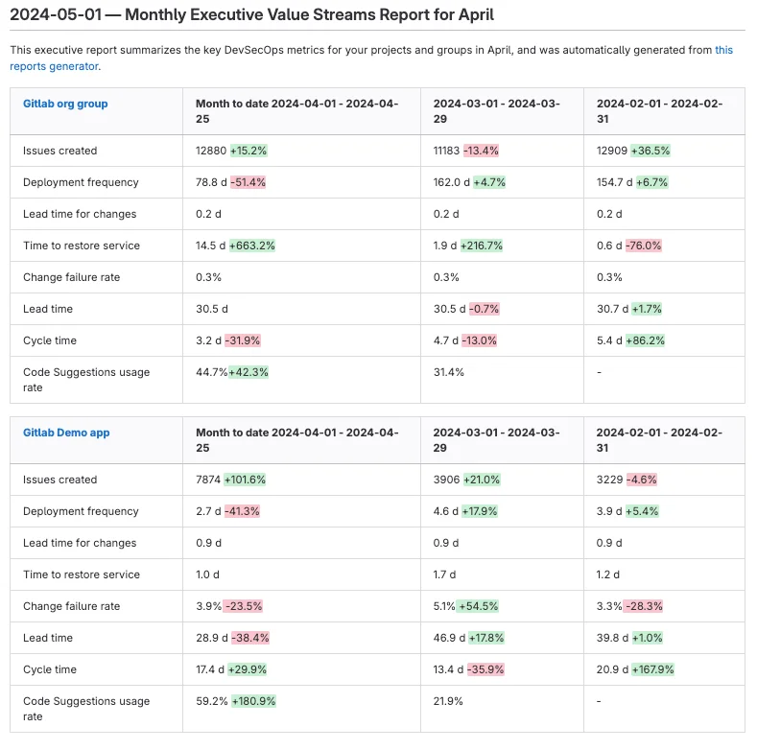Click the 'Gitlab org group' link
pyautogui.click(x=65, y=104)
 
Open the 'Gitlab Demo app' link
pyautogui.click(x=66, y=433)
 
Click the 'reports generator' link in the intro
pyautogui.click(x=54, y=66)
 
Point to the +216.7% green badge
pyautogui.click(x=483, y=246)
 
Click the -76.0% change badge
pyautogui.click(x=643, y=246)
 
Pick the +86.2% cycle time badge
pyautogui.click(x=646, y=340)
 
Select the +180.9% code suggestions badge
pyautogui.click(x=253, y=701)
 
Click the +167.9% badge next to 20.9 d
pyautogui.click(x=652, y=669)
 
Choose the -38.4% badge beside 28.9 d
pyautogui.click(x=248, y=638)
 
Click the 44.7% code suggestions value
pyautogui.click(x=211, y=372)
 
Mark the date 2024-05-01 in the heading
pyautogui.click(x=51, y=15)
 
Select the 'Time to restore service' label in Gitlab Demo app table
pyautogui.click(x=82, y=574)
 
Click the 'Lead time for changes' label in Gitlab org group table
pyautogui.click(x=80, y=214)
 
